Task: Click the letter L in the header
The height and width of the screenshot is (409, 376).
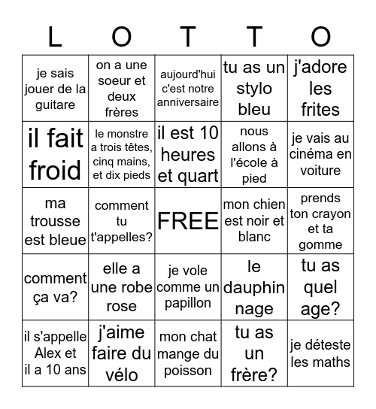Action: click(x=55, y=37)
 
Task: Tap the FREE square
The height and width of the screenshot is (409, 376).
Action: click(x=188, y=221)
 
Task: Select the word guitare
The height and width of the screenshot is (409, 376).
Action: click(x=55, y=106)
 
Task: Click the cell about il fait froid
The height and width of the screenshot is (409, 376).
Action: click(x=55, y=154)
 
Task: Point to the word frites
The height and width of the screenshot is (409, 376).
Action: click(x=320, y=109)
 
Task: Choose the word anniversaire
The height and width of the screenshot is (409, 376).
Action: click(x=188, y=102)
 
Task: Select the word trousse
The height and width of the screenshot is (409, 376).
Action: click(x=55, y=222)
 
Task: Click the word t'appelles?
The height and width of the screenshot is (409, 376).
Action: click(x=122, y=236)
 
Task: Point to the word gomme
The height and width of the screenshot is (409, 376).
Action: click(x=320, y=244)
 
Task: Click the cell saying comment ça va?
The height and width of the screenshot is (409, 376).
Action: click(x=55, y=286)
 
